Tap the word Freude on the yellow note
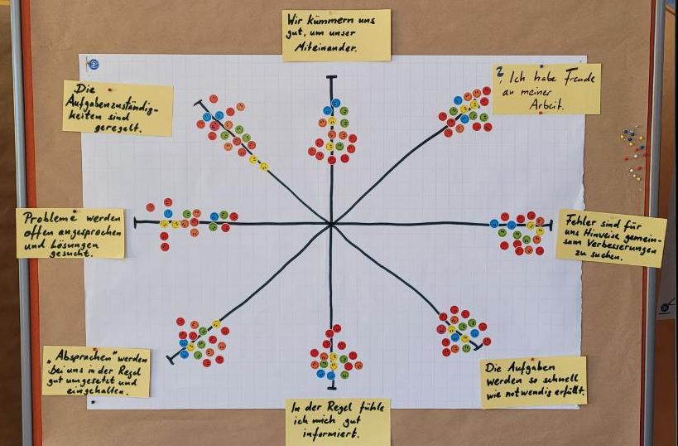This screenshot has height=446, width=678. (579, 77)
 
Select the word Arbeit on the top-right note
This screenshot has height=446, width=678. (546, 105)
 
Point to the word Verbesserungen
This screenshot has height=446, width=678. (623, 246)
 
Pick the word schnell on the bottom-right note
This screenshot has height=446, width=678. (554, 381)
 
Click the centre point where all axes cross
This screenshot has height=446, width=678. (332, 224)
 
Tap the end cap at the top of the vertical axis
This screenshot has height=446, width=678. (332, 77)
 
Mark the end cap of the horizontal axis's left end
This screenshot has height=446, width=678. (135, 223)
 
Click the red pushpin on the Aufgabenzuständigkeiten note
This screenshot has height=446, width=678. (109, 90)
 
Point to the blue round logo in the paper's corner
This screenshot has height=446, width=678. (93, 65)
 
